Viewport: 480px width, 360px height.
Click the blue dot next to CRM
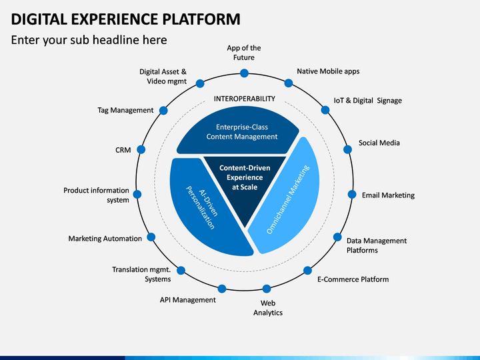pos(141,149)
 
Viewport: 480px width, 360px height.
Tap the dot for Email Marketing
pos(352,195)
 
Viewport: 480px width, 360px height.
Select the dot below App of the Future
pos(244,73)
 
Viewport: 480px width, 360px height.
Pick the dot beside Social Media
pos(347,149)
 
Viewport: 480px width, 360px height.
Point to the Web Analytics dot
pos(267,289)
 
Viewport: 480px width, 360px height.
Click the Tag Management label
pos(125,110)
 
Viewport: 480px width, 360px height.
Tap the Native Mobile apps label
pos(328,71)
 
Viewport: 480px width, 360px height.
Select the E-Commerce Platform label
pos(353,279)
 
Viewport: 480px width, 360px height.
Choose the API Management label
pos(187,300)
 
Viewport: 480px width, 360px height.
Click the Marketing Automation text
pos(105,239)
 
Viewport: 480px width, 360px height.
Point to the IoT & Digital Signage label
pos(367,101)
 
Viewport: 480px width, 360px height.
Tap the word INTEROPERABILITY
pos(244,99)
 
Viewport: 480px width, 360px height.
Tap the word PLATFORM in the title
pos(201,19)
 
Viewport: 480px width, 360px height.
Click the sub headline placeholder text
pos(89,40)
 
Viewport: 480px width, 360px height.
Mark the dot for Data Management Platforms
pos(337,237)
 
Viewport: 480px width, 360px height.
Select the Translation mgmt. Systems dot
pos(181,270)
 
